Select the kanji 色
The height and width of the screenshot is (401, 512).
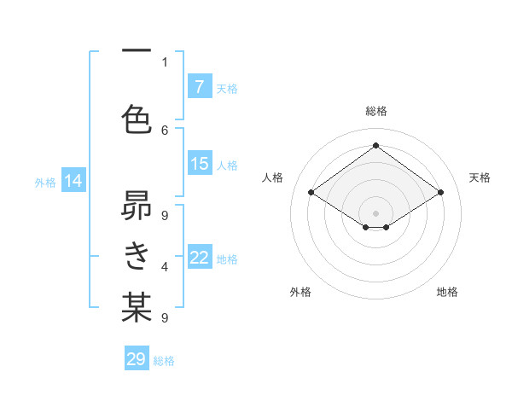tap(137, 119)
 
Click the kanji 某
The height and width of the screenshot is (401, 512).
tap(137, 307)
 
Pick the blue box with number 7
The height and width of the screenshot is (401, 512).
tap(199, 87)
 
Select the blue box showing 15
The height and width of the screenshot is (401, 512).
tap(199, 164)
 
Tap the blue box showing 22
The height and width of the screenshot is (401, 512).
tap(199, 258)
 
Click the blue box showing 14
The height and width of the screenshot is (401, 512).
tap(73, 181)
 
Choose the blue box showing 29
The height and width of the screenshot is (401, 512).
tap(137, 359)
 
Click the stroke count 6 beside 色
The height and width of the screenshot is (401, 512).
tap(165, 130)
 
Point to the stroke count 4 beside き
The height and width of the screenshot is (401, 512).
tap(165, 267)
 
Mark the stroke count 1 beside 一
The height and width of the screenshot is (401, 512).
tap(165, 62)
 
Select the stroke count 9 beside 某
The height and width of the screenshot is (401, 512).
tap(165, 318)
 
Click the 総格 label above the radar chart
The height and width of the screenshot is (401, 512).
tap(375, 111)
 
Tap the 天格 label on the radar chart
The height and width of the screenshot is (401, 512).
tap(480, 177)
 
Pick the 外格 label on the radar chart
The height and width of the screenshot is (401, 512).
tap(300, 292)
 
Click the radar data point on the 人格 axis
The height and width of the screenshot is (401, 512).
tap(311, 193)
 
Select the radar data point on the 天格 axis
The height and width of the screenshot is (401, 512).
tap(440, 193)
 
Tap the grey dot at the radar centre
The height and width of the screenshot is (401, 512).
tap(375, 212)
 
